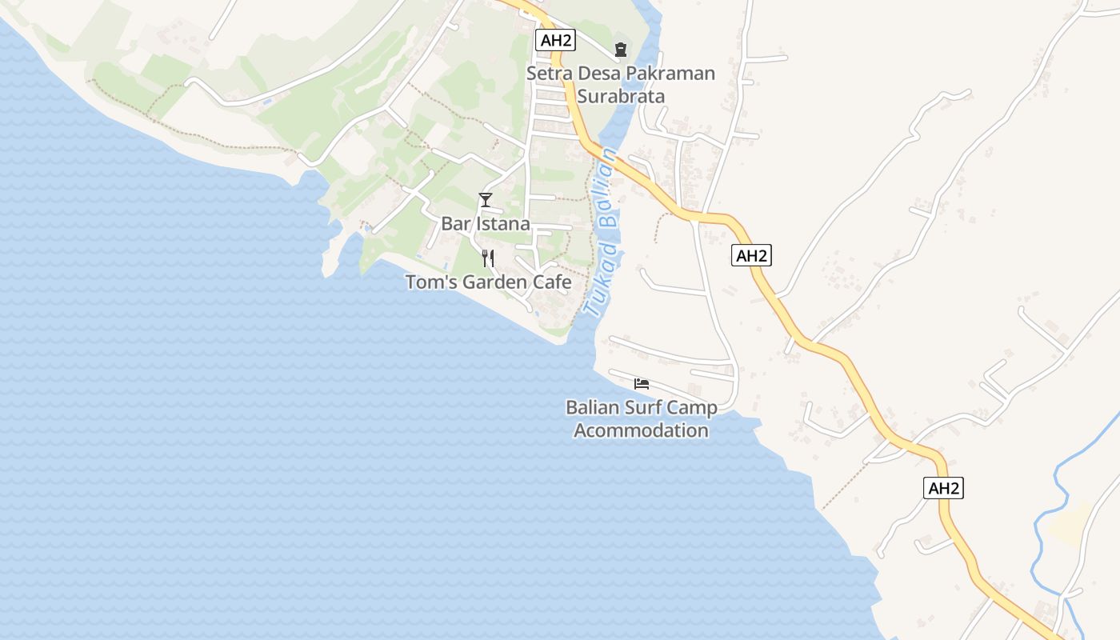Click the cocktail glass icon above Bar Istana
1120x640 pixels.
pos(486,199)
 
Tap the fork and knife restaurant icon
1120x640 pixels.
pos(488,258)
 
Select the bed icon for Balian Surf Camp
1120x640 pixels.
pos(641,384)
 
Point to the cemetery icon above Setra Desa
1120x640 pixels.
pos(621,50)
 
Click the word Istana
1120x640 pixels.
pos(503,224)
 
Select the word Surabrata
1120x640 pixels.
pos(621,96)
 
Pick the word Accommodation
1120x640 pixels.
pos(642,430)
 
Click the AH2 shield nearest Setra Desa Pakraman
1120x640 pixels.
pos(555,40)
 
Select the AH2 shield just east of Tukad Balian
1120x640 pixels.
pos(751,256)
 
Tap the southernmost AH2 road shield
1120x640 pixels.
pos(943,488)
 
